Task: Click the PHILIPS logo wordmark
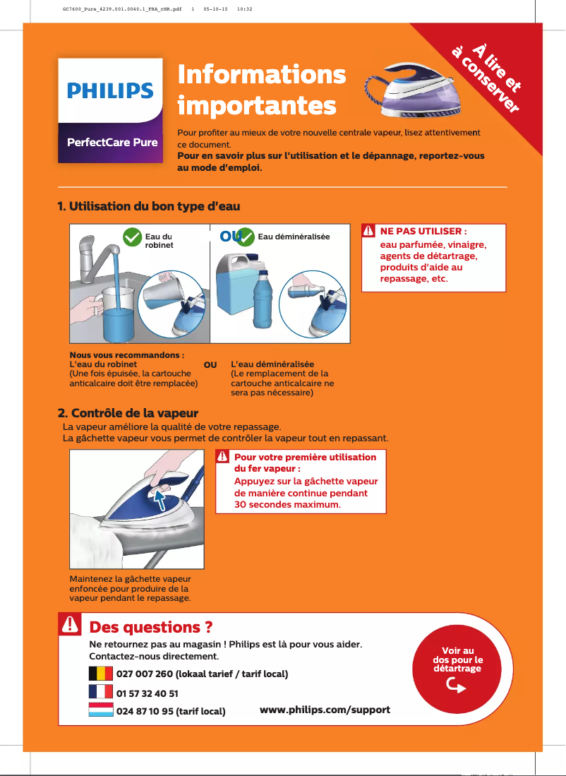pos(110,90)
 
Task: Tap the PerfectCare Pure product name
pos(112,142)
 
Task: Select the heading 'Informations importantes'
pos(261,90)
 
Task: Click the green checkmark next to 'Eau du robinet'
pos(132,237)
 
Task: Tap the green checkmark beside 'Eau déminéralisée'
pos(245,237)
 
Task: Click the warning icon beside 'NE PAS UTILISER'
pos(369,232)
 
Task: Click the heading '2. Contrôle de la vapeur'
pos(127,412)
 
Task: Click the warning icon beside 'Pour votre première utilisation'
pos(223,457)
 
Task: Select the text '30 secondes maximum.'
pos(287,505)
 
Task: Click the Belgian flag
pos(101,673)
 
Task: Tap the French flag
pos(101,692)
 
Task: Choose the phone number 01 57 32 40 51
pos(147,693)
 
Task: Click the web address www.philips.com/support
pos(325,709)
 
